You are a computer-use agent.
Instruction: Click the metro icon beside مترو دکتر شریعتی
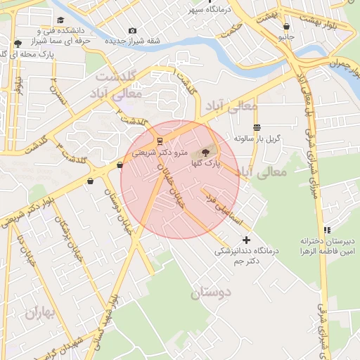(160, 141)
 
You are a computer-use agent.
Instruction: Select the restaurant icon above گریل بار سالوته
(257, 127)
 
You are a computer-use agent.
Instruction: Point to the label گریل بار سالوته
(257, 138)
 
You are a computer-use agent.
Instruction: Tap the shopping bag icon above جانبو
(285, 26)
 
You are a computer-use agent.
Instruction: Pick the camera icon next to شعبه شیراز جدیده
(133, 31)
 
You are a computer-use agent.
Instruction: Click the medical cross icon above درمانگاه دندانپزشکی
(246, 240)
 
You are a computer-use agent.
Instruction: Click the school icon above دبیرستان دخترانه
(326, 230)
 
